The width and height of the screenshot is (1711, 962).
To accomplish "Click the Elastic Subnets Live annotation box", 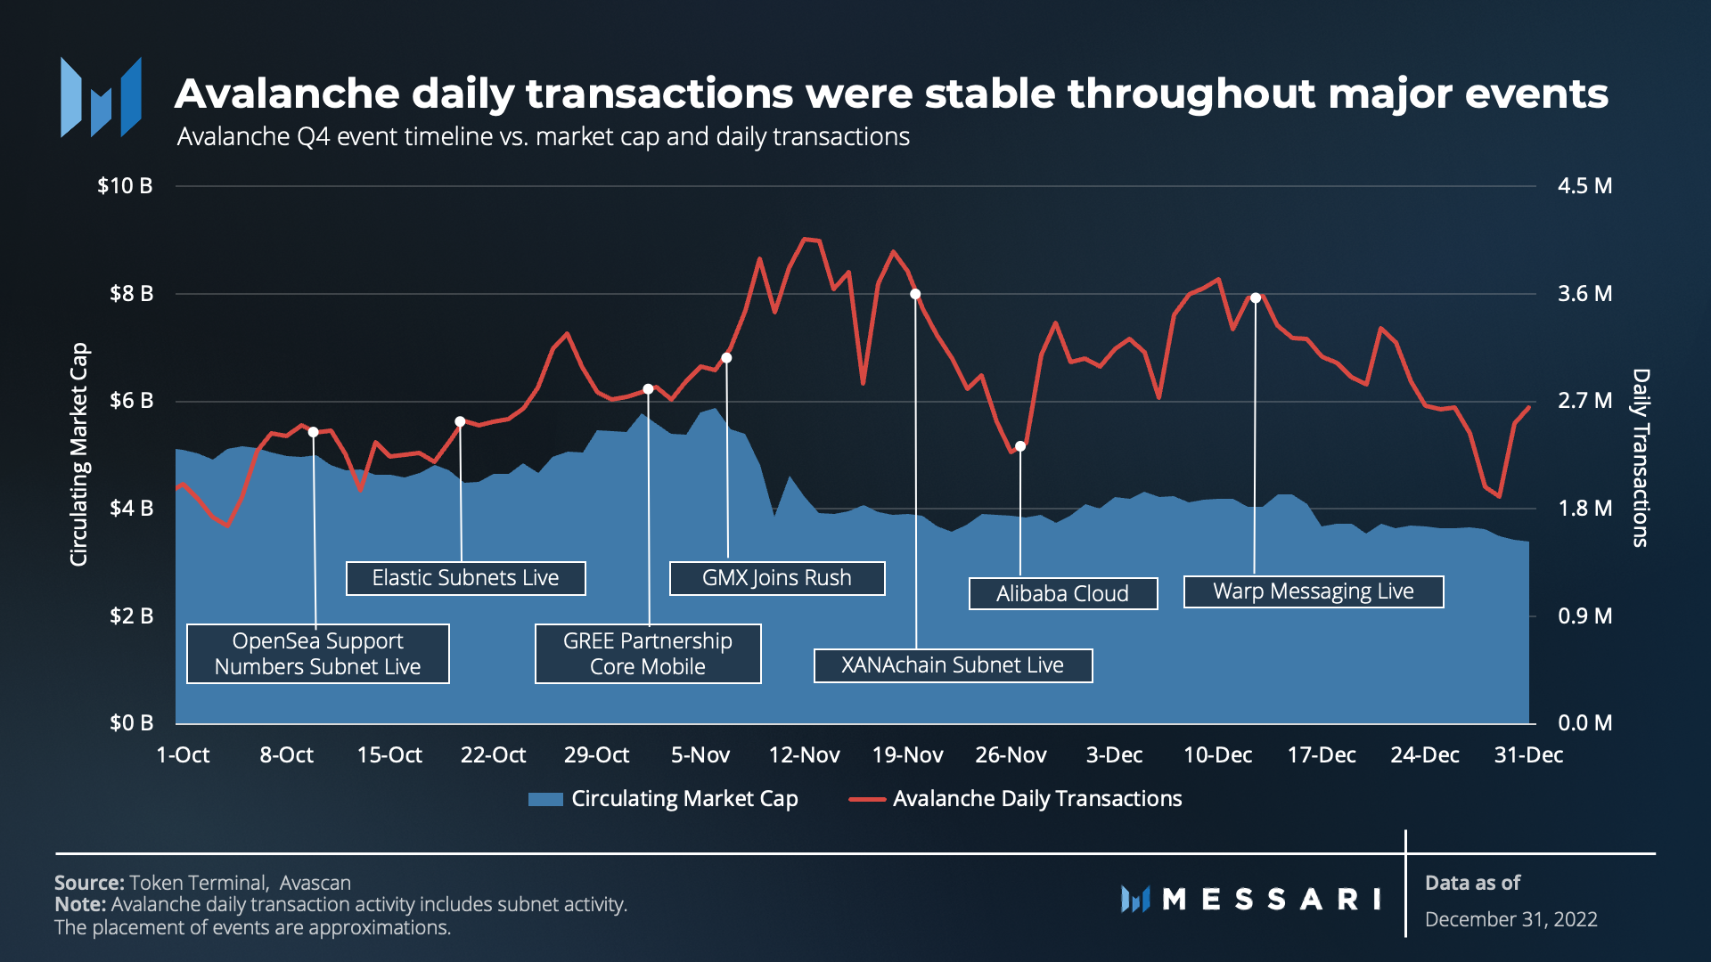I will coord(465,578).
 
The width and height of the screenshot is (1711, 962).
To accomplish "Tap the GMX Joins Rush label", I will coord(776,578).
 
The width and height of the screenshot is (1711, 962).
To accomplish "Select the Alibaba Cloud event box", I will coord(1062,593).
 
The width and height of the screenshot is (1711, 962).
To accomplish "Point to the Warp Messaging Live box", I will coord(1313,591).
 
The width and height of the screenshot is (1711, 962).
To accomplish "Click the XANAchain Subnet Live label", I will coord(953,665).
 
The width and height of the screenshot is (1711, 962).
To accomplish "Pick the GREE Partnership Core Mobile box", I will coord(648,654).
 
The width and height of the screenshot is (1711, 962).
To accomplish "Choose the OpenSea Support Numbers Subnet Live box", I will coord(317,654).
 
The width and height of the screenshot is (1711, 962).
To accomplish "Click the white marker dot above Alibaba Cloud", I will coord(1020,446).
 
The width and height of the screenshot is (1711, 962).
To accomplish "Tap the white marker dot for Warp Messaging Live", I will coord(1256,298).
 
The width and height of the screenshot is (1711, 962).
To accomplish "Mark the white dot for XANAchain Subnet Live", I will coord(915,294).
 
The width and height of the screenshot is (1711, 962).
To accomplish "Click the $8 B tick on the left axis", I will coord(131,294).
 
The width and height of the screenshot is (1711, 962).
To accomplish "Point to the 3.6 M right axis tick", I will coord(1584,294).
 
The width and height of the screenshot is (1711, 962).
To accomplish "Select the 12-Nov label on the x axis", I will coord(804,755).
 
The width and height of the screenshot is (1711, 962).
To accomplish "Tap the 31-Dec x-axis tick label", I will coord(1528,755).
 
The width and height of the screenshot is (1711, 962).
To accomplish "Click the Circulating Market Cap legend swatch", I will coord(545,799).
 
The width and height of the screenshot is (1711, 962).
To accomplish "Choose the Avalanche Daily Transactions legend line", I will coord(866,799).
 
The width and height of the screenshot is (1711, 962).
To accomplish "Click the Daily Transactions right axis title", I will coord(1641,457).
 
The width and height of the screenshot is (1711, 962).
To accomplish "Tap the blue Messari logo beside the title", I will coord(101,97).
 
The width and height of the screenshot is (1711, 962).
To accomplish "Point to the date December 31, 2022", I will coord(1510,919).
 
